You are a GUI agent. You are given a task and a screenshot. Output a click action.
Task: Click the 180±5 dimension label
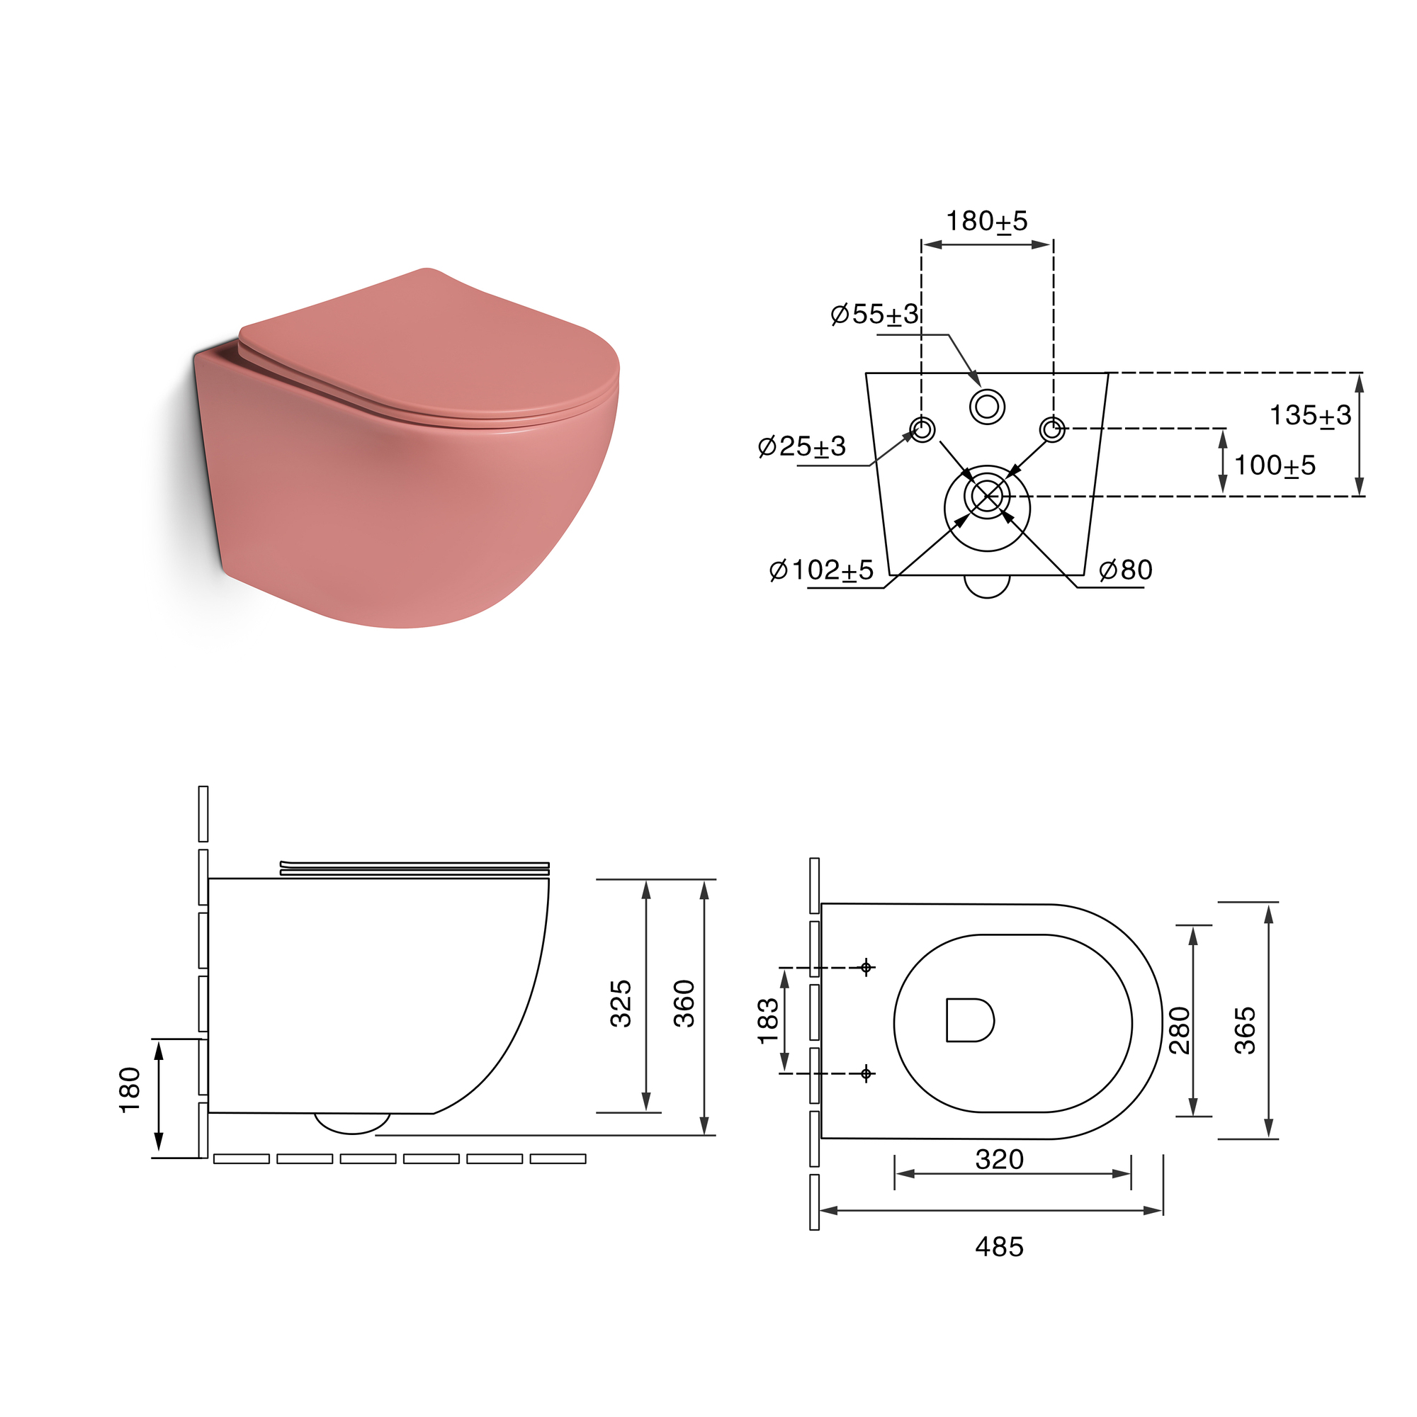pos(986,221)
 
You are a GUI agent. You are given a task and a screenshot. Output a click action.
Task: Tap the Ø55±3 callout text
pos(874,314)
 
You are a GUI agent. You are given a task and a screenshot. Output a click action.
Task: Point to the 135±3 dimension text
pos(1310,416)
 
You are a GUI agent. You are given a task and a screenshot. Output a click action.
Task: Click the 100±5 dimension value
pos(1275,465)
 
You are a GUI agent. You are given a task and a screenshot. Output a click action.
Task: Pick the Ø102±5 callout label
pos(821,570)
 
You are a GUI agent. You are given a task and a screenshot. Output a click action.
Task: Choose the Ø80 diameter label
pos(1125,570)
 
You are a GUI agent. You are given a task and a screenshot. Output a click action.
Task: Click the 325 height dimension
pos(621,1003)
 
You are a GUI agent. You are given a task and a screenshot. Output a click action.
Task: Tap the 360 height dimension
pos(684,1003)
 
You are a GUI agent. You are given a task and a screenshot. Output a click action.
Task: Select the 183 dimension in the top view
pos(768,1021)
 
